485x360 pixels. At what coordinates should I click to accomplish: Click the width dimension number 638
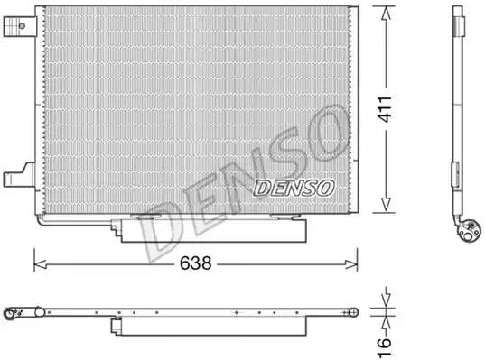196,263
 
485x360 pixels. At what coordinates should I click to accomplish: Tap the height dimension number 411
386,109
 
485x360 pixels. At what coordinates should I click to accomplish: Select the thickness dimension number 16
385,347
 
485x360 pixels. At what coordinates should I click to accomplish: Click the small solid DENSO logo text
294,188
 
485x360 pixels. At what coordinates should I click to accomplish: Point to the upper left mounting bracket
20,26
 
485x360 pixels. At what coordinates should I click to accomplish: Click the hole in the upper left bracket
22,26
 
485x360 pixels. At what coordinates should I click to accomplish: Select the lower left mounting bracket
19,176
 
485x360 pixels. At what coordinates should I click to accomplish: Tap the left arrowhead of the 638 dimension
40,264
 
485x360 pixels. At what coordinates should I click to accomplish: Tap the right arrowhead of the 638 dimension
351,264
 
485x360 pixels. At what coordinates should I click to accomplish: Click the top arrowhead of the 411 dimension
386,14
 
